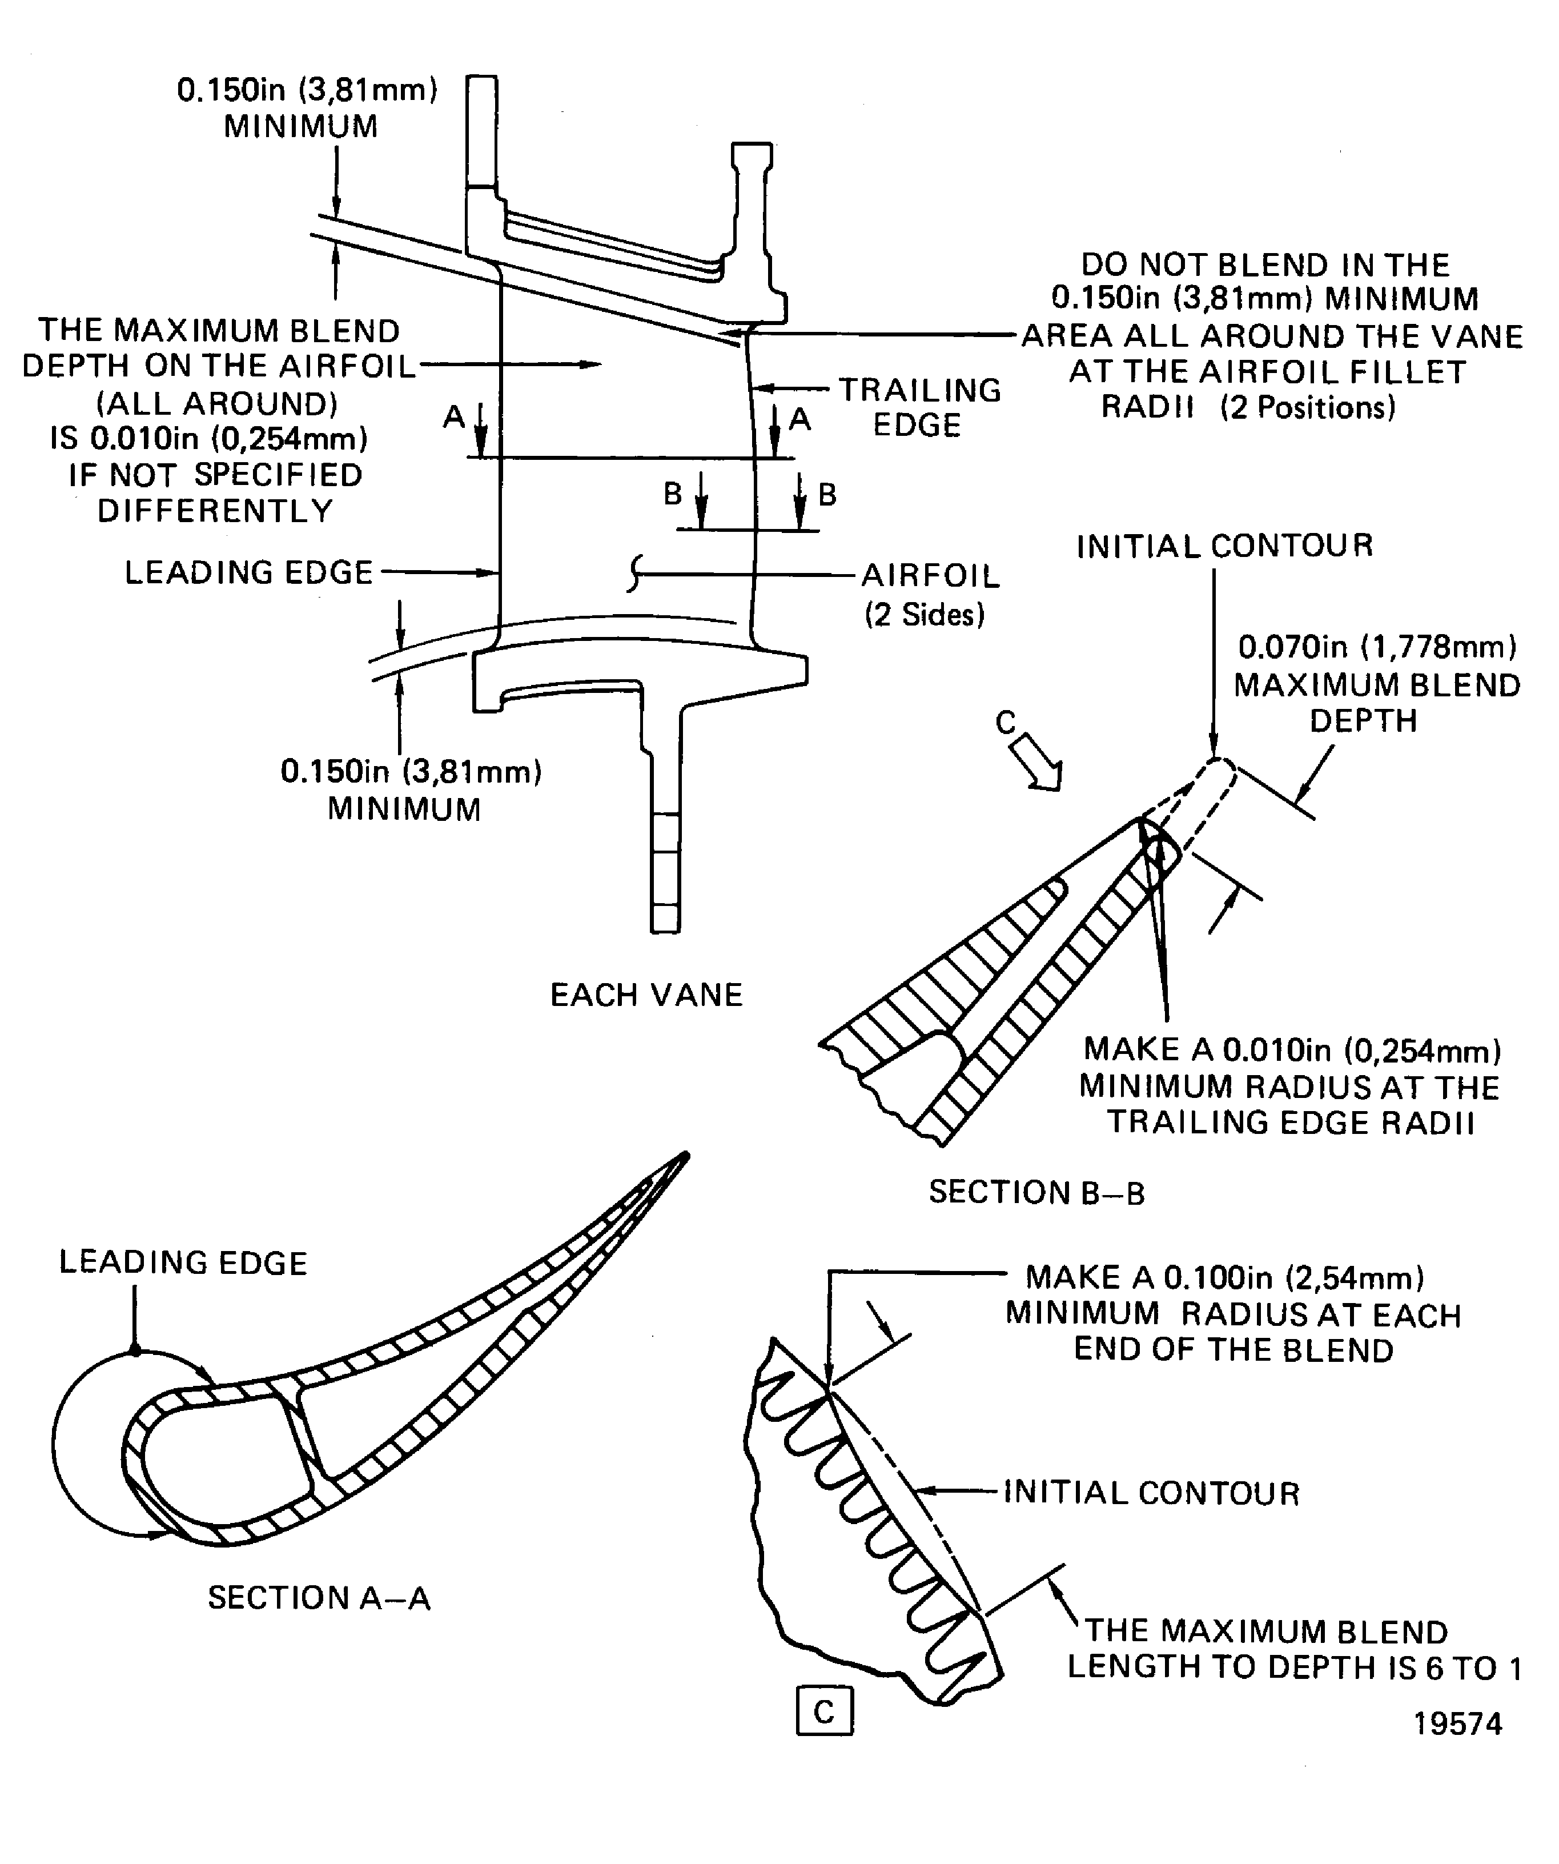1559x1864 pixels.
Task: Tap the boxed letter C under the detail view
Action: click(824, 1711)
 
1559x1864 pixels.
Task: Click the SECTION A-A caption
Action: click(319, 1598)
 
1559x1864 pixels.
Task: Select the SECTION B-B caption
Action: click(1036, 1192)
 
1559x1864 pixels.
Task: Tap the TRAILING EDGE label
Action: click(919, 407)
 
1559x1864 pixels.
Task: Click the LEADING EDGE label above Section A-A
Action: click(183, 1262)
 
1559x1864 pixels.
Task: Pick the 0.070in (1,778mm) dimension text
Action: click(1377, 647)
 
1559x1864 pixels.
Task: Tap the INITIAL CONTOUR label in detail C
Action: click(1151, 1493)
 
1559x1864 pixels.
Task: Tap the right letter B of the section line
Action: click(827, 494)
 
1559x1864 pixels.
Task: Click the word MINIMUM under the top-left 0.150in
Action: click(301, 126)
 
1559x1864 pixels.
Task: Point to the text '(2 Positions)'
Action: click(1308, 407)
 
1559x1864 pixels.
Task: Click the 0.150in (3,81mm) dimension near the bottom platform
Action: click(411, 771)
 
